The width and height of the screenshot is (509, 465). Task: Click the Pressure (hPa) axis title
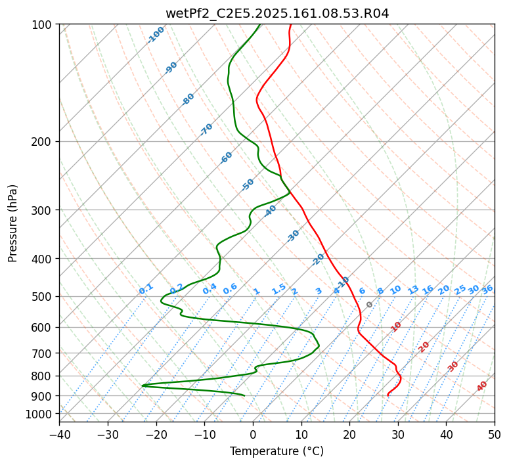12,223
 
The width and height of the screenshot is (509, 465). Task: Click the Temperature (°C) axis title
277,451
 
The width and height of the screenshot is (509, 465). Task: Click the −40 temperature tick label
59,434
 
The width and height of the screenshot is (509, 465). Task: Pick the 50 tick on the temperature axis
495,434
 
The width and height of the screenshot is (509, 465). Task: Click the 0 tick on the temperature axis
253,434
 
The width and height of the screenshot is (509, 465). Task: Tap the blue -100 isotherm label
156,35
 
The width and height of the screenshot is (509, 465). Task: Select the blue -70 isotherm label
206,129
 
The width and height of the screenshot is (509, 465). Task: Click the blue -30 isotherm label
293,236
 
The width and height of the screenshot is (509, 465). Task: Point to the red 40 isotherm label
482,386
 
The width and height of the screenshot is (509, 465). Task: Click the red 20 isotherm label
424,346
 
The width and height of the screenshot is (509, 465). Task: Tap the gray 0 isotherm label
370,305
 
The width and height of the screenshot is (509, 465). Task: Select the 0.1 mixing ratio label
146,288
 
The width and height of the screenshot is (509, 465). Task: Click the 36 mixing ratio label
487,289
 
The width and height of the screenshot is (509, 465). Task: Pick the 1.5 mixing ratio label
278,288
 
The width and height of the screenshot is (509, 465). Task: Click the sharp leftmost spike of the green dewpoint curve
143,386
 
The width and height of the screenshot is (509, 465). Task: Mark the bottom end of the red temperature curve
387,395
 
